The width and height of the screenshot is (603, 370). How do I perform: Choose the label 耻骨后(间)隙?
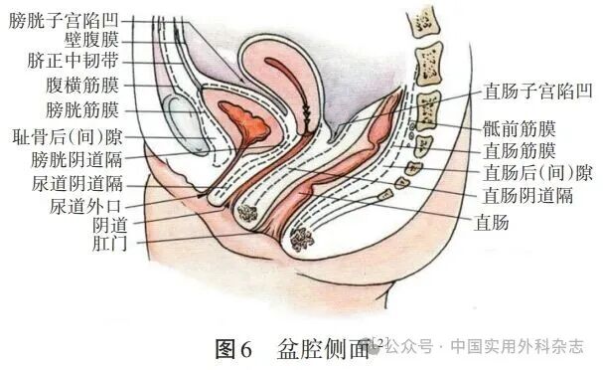67,135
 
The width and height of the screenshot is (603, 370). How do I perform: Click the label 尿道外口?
85,206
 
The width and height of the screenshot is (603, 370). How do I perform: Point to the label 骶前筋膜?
519,129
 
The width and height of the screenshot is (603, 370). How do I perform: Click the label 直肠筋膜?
519,151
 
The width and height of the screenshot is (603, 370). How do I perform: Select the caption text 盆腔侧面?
324,349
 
